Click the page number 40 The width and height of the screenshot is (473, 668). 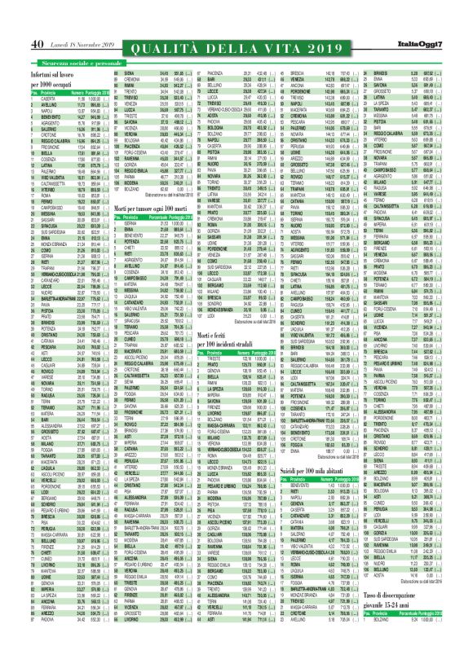tap(14, 20)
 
